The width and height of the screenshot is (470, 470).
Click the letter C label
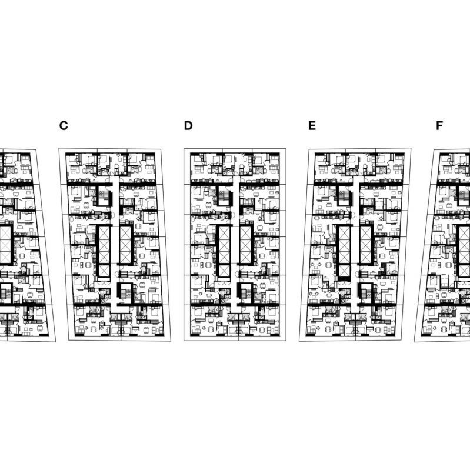(64, 126)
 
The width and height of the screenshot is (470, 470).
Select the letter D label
(188, 126)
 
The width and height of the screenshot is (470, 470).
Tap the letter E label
(312, 126)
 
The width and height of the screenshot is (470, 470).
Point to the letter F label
(439, 126)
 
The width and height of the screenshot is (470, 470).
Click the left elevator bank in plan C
(104, 245)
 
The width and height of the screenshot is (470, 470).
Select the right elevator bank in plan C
(125, 245)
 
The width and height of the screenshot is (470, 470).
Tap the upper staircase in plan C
(105, 196)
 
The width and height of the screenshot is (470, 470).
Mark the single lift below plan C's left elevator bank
(104, 271)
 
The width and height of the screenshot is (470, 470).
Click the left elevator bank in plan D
(224, 245)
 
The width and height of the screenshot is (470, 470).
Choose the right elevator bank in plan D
(245, 245)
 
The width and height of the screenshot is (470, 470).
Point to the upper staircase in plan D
(225, 196)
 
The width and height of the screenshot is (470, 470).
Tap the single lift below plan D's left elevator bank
(224, 271)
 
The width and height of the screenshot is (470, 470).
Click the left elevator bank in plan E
(344, 245)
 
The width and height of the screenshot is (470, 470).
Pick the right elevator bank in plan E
(366, 245)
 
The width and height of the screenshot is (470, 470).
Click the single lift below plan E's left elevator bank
(344, 271)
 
